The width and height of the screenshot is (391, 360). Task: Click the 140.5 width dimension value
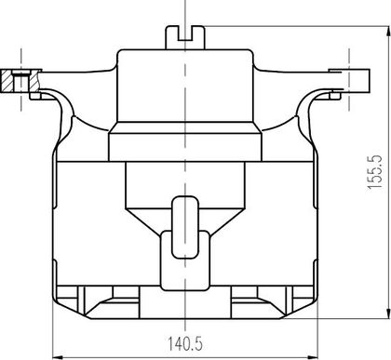(x=185, y=344)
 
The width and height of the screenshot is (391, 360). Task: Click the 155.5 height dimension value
(x=374, y=171)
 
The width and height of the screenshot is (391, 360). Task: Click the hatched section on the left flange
(x=20, y=81)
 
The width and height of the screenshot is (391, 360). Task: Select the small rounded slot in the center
(x=185, y=227)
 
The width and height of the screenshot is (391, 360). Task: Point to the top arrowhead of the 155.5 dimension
(x=388, y=33)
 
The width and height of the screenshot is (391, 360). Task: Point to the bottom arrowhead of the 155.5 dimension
(x=388, y=313)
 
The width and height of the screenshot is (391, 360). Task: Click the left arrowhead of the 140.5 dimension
(x=58, y=357)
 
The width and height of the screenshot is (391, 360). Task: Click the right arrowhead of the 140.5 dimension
(x=312, y=357)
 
